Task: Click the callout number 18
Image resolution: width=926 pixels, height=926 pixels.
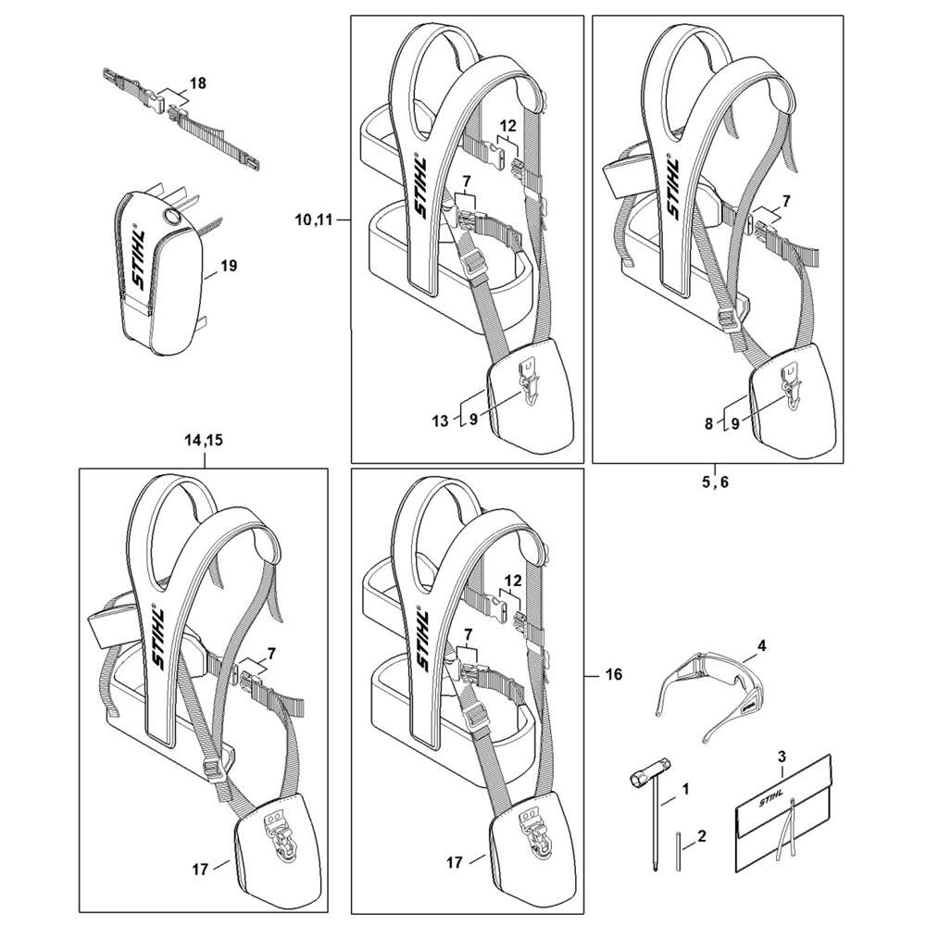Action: coord(198,83)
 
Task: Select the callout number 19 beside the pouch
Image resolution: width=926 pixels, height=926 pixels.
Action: coord(228,266)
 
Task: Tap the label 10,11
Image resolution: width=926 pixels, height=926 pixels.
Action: coord(314,220)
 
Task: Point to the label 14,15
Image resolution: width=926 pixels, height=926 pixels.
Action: coord(204,441)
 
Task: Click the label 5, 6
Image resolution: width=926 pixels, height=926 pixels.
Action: coord(715,482)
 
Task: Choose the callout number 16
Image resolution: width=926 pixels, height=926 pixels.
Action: coord(614,674)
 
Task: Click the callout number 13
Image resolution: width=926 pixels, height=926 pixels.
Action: coord(440,421)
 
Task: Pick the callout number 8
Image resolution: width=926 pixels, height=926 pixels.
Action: coord(708,423)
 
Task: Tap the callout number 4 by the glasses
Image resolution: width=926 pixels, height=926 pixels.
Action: coord(762,646)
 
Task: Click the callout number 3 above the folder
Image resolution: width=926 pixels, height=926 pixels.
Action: coord(782,756)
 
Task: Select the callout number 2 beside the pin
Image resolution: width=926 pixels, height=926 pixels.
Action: coord(702,836)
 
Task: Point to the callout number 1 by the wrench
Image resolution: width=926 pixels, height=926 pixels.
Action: coord(685,789)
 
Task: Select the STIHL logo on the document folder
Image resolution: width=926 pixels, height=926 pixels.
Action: coord(771,798)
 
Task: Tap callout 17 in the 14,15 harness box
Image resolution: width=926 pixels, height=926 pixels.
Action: coord(200,870)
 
